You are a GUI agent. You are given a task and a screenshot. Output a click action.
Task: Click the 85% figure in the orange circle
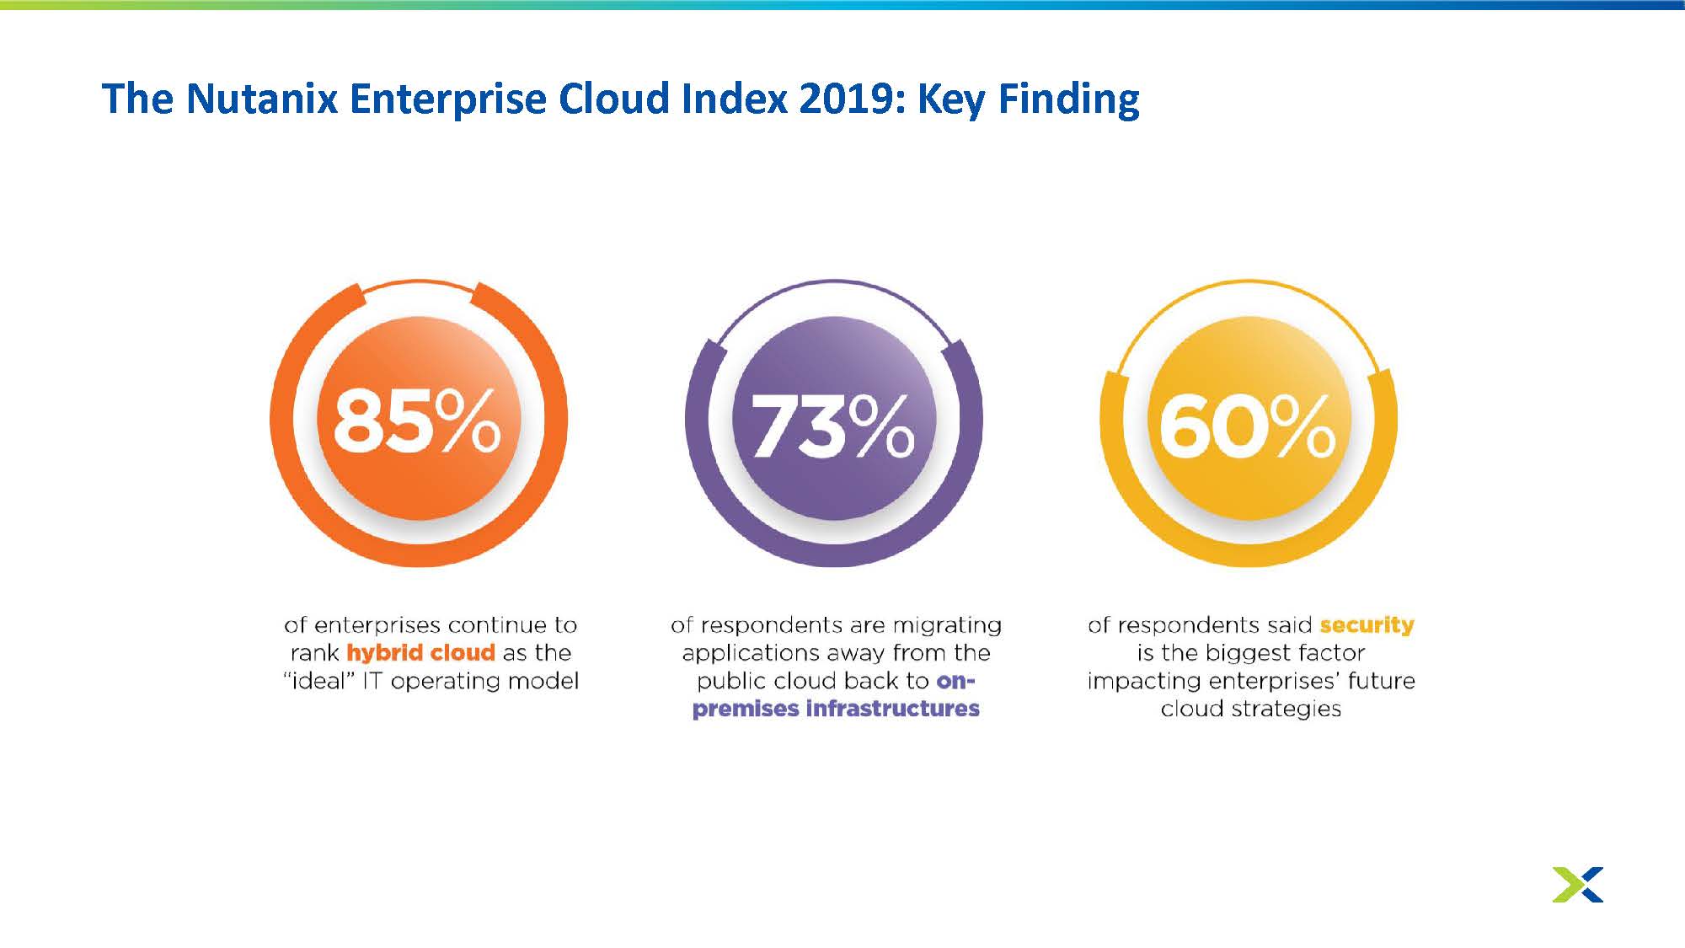pyautogui.click(x=417, y=422)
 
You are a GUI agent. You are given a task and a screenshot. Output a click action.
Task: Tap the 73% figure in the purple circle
pyautogui.click(x=832, y=426)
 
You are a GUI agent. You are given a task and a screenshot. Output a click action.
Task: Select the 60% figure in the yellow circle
pyautogui.click(x=1247, y=426)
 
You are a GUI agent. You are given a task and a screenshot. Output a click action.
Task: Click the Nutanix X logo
pyautogui.click(x=1578, y=884)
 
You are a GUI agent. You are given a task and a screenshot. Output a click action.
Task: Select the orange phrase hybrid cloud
pyautogui.click(x=420, y=653)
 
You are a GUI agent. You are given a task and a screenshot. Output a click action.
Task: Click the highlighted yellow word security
pyautogui.click(x=1367, y=626)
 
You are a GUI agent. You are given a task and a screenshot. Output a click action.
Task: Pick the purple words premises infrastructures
pyautogui.click(x=836, y=708)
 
